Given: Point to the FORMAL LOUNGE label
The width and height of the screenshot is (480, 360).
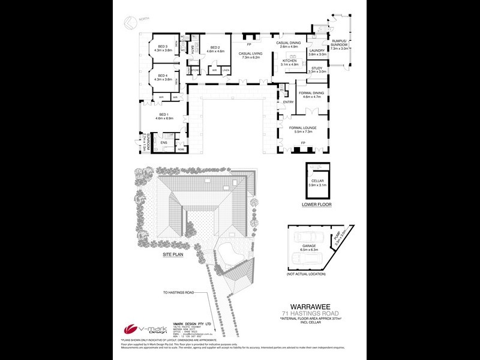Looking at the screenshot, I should [308, 128].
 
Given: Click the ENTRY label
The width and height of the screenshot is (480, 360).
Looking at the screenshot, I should [289, 101].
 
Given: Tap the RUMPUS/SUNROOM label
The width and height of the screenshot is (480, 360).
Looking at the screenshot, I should [340, 42].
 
